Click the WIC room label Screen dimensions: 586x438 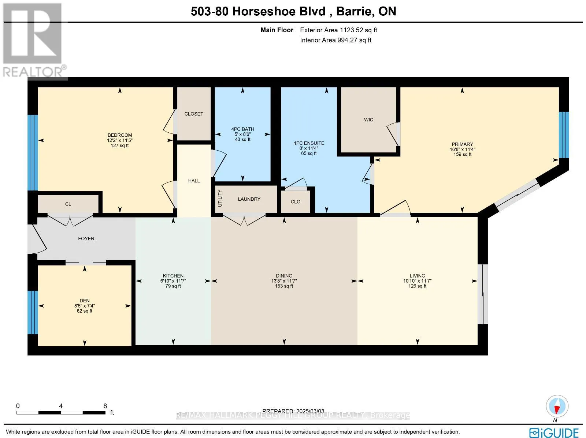coord(368,120)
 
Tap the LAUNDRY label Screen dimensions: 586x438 coord(249,199)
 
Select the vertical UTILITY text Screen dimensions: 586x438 coord(220,198)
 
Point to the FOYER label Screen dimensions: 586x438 coord(86,239)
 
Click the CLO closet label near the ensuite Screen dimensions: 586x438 coord(296,202)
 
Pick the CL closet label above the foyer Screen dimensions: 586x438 coord(68,204)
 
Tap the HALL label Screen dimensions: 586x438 coord(194,181)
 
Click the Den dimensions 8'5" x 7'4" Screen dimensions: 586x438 coord(85,306)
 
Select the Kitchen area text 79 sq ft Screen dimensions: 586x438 coord(173,286)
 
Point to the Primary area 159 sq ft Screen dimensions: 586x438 coord(463,154)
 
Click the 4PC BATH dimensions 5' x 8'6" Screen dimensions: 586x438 coord(242,134)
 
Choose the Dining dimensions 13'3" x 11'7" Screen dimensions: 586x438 coord(284,281)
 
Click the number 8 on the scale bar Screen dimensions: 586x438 coord(105,406)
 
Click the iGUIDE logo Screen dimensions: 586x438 coord(554,433)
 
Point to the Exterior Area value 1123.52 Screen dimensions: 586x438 coord(351,30)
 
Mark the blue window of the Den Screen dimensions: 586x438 coord(33,312)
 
